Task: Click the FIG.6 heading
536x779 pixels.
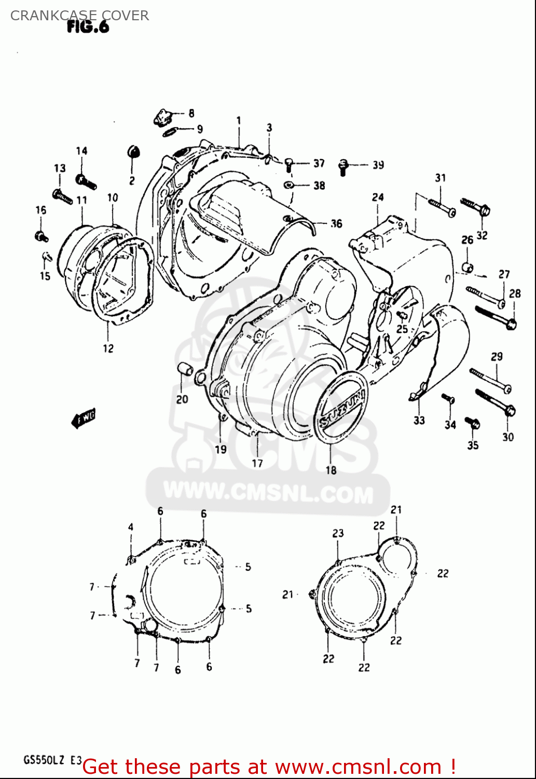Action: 88,27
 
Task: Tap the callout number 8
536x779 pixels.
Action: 191,113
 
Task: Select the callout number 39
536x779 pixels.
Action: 378,165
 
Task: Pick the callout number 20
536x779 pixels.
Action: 182,399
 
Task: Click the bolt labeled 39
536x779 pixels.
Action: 342,166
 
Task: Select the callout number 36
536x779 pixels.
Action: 337,223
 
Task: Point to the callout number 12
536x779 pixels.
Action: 108,348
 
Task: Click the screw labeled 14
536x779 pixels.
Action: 85,181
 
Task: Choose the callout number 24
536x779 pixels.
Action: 378,197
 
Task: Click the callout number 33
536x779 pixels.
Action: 419,420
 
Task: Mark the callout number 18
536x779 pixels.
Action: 331,470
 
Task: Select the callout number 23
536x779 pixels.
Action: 338,533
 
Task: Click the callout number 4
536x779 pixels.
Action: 131,528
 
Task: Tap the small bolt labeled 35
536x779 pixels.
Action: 472,423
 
